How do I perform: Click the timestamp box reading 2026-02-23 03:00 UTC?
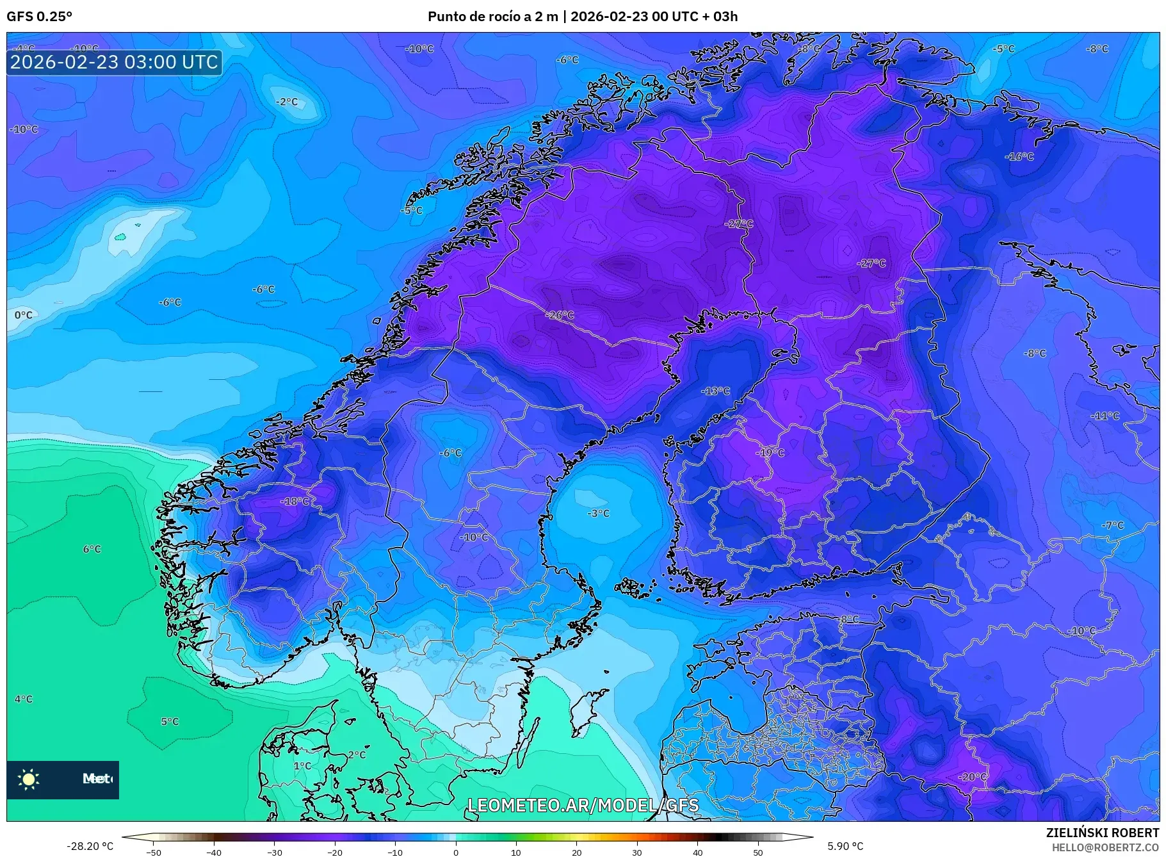coord(114,62)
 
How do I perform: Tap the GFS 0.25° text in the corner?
coord(39,17)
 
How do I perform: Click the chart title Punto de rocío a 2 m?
coord(492,17)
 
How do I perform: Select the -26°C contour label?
coord(560,315)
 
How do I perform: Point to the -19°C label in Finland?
coord(770,452)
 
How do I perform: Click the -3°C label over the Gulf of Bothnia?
coord(598,513)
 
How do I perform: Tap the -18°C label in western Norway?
coord(295,502)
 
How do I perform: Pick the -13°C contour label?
coord(715,391)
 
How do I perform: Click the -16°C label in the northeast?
coord(1019,156)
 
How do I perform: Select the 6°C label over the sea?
coord(92,549)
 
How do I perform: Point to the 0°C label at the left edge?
coord(23,315)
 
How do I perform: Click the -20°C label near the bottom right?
coord(972,776)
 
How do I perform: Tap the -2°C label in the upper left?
coord(287,102)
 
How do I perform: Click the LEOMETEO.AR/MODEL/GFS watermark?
coord(583,805)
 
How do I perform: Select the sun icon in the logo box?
coord(29,779)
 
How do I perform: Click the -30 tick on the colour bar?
coord(275,852)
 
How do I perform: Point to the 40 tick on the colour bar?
coord(697,852)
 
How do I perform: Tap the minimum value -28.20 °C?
coord(90,846)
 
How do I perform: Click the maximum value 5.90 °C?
coord(846,846)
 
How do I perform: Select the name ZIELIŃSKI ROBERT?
coord(1102,833)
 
